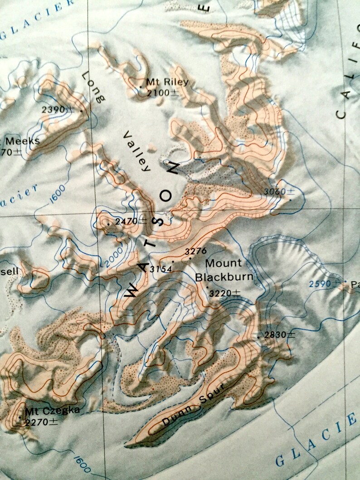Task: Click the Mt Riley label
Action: pyautogui.click(x=166, y=82)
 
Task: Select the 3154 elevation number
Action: pyautogui.click(x=161, y=269)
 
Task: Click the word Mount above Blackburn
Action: pyautogui.click(x=224, y=263)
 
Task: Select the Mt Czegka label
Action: pyautogui.click(x=52, y=411)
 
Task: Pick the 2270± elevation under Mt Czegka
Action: pyautogui.click(x=41, y=422)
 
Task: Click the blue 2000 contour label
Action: pyautogui.click(x=112, y=257)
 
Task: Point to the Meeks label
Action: pyautogui.click(x=22, y=141)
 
